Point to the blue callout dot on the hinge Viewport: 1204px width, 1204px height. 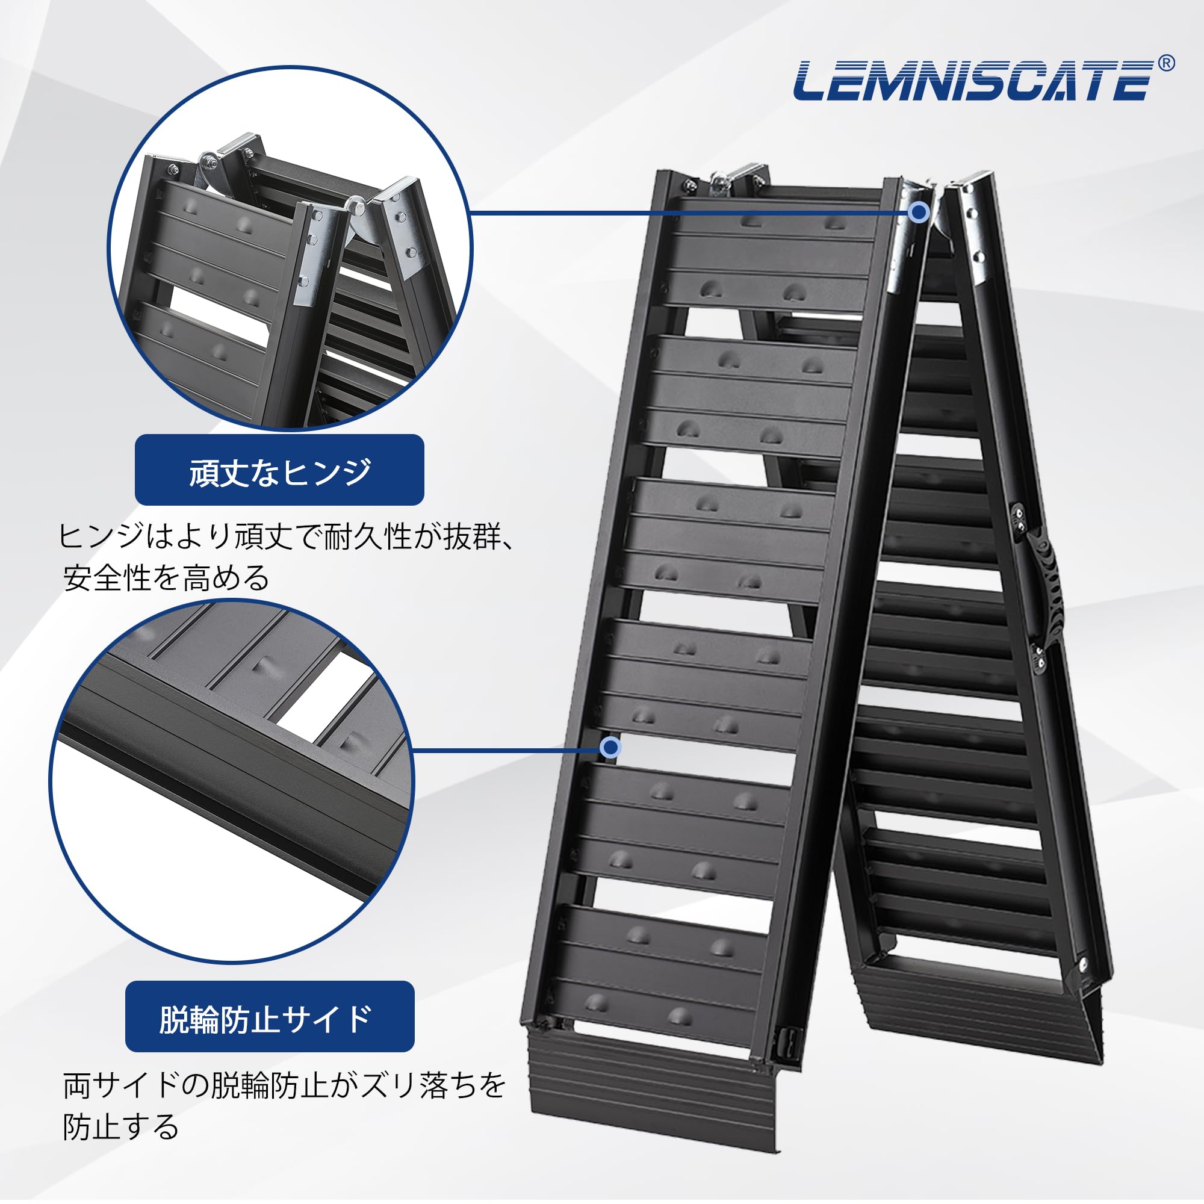click(918, 213)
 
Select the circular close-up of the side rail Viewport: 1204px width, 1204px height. click(231, 782)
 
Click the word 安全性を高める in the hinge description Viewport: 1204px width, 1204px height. click(167, 578)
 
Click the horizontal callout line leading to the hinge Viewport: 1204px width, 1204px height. click(686, 213)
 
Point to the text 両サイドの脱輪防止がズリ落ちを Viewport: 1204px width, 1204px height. click(284, 1085)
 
